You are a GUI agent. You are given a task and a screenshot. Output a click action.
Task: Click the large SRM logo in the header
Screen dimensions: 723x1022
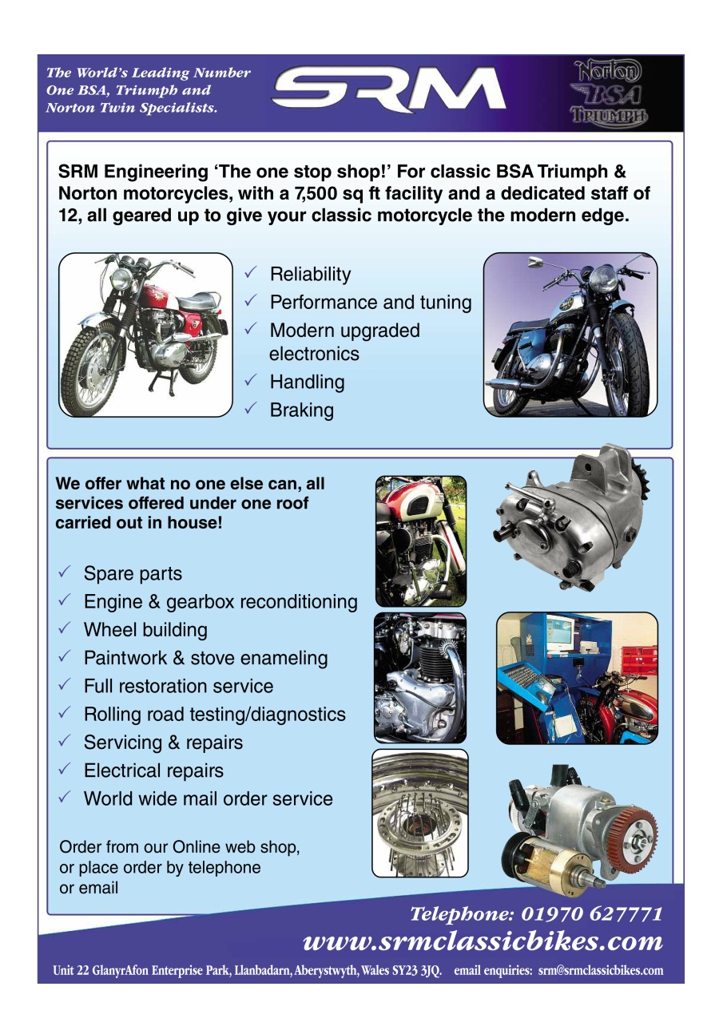click(388, 89)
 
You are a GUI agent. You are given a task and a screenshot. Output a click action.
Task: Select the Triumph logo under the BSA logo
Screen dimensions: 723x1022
click(609, 116)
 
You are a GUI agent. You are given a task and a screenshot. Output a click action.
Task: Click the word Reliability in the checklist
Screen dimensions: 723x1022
click(311, 275)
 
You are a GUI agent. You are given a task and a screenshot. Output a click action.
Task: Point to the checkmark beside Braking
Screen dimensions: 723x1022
click(251, 407)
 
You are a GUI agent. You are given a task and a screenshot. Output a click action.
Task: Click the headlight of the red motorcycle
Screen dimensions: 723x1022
click(121, 279)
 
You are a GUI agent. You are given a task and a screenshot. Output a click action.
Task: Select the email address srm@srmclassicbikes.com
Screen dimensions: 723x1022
click(601, 970)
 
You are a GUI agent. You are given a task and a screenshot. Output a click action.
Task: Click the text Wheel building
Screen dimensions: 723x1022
click(145, 630)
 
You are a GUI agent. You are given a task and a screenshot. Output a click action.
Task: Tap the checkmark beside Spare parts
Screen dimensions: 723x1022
click(65, 571)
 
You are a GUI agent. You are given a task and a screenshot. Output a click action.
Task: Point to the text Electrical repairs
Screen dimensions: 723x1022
click(154, 770)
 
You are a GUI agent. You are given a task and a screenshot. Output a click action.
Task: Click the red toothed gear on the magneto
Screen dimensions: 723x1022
click(638, 838)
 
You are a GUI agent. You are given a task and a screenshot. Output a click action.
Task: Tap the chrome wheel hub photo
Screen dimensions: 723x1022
click(420, 814)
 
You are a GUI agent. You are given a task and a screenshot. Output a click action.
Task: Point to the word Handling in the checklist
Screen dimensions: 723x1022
click(307, 382)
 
